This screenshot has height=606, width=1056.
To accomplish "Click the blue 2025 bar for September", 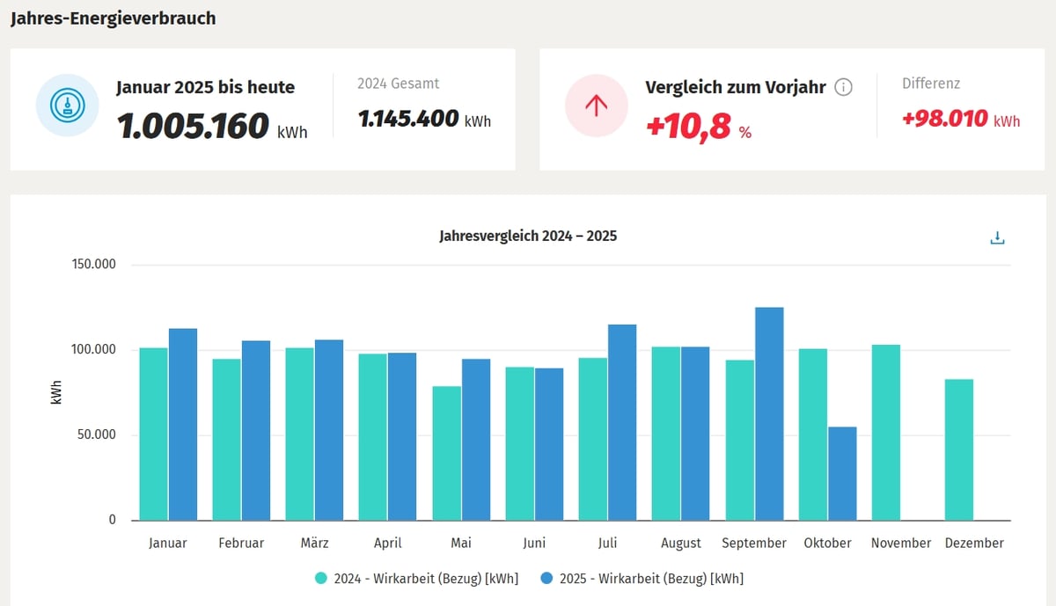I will coord(769,413).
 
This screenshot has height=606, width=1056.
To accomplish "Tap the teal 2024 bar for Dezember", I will coord(959,449).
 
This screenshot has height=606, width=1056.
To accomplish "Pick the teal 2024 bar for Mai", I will coord(447,453).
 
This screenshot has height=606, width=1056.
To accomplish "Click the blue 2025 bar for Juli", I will coord(622,422).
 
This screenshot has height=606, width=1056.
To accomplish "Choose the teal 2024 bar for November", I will coord(886,432).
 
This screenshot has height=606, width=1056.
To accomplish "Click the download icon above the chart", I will coord(997,237).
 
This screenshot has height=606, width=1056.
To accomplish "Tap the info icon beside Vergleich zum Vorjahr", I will coord(843,87).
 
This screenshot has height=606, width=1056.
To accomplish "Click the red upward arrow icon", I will coord(597,106).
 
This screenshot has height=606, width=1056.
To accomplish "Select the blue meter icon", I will coord(67,106).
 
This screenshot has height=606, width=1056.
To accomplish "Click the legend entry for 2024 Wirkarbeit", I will coord(417,578).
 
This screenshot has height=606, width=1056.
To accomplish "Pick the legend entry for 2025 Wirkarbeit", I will coord(642,578).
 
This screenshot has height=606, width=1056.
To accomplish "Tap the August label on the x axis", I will coord(681,543).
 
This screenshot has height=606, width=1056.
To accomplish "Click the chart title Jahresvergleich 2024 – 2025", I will coord(528,237).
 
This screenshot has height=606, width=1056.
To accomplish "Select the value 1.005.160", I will coord(193,127).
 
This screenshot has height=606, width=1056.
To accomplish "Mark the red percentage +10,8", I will coord(689,128).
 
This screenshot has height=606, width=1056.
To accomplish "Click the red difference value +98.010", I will coord(945,119).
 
